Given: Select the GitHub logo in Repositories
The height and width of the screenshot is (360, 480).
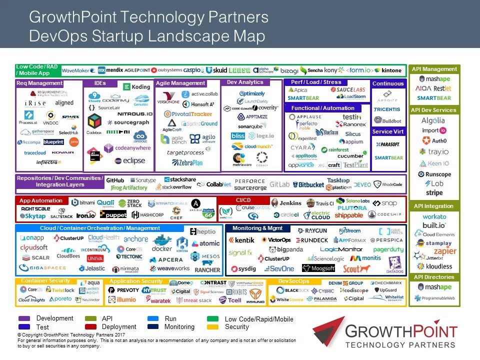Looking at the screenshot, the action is coord(115,180).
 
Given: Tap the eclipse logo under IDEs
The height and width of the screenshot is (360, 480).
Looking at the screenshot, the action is coord(129,161).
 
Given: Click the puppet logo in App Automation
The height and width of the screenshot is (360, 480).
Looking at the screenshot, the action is coord(113,214).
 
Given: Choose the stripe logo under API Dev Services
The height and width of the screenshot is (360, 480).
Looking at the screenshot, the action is coord(434,192).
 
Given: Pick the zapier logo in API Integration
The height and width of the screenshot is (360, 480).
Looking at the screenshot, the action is coord(444,251).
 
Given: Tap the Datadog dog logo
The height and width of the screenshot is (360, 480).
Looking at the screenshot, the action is coord(395,264).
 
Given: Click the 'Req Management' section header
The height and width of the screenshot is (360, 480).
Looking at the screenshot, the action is coord(39,83).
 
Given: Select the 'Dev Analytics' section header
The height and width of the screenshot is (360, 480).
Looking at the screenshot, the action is coord(245,82).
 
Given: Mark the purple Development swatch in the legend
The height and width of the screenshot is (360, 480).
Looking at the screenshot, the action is coord(24,318).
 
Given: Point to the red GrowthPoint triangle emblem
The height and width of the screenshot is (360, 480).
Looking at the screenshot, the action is coord(328,331).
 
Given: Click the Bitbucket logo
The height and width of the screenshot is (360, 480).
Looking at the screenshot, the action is coord(308,184).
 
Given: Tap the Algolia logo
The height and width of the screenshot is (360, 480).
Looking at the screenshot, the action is coord(433,120).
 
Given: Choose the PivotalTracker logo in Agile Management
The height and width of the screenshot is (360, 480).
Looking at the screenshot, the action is coord(188,114).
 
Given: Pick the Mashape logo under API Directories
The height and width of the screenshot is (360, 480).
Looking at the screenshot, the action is coord(434,287).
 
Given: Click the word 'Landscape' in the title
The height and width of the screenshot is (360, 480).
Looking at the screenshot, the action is coord(156,36).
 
